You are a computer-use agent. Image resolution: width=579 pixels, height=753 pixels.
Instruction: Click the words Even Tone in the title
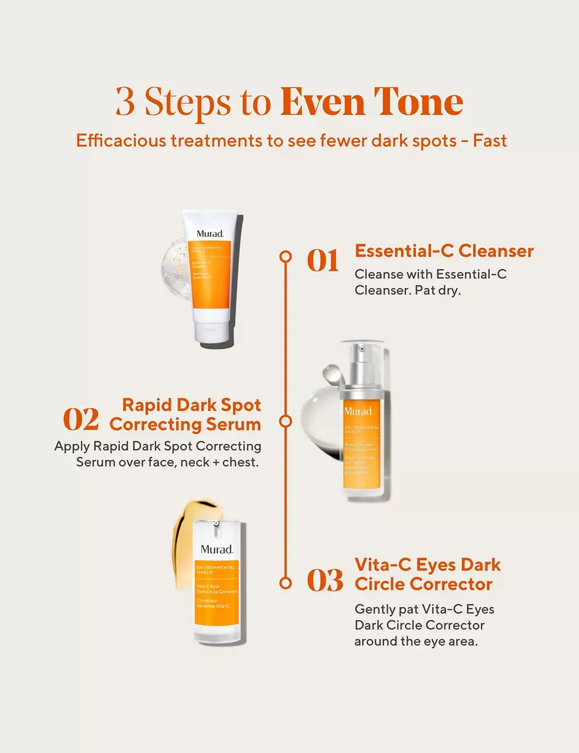371,102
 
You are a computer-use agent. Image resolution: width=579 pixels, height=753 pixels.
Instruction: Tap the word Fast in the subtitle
490,141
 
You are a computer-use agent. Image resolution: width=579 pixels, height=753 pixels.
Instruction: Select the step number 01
323,261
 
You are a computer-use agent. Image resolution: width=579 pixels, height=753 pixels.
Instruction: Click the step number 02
81,419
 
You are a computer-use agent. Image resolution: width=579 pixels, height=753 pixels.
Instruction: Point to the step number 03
325,581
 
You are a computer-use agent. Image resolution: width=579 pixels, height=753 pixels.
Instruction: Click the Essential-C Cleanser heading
444,251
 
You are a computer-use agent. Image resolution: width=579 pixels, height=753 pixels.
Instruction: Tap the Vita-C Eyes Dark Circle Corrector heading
427,574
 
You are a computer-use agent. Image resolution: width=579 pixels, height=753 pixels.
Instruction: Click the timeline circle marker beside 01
286,257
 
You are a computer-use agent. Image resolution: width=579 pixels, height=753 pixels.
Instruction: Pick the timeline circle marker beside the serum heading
286,421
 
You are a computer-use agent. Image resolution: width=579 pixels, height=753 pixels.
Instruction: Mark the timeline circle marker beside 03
286,583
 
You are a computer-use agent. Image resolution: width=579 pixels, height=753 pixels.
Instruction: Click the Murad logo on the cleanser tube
210,233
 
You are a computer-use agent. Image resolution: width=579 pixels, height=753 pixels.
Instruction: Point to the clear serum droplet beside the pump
331,374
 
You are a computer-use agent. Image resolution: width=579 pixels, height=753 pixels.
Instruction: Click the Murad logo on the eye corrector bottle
217,549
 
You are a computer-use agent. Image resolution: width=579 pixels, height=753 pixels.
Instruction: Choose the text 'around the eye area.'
416,642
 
